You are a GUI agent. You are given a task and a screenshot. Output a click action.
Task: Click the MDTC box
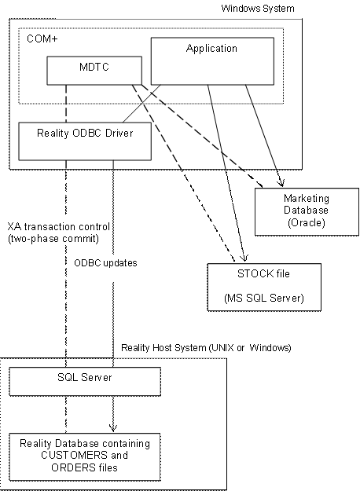click(94, 70)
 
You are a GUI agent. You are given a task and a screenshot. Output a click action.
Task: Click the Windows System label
click(258, 9)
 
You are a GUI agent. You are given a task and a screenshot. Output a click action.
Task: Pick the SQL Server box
click(85, 380)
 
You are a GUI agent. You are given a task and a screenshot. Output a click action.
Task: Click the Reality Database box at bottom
click(85, 456)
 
